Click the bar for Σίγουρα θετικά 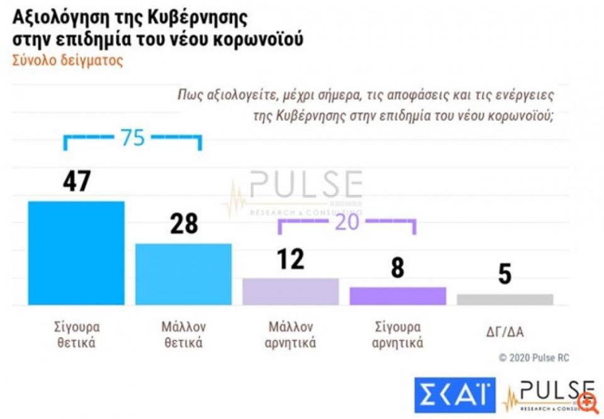76,253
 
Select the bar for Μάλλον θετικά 184,274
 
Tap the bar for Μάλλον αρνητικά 290,291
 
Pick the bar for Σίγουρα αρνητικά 398,296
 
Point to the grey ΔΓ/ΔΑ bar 505,299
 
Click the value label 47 77,181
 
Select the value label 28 184,224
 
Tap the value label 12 290,259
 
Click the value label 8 398,268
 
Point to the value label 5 505,274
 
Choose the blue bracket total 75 133,138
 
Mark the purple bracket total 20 347,223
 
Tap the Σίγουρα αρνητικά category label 398,335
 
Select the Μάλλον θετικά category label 184,335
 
